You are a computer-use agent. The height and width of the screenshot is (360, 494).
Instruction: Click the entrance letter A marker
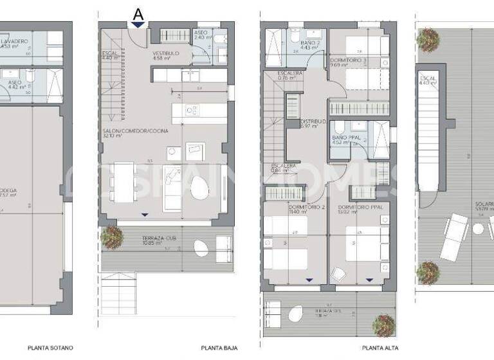(137, 13)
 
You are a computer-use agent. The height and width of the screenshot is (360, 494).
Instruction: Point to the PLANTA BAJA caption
(219, 348)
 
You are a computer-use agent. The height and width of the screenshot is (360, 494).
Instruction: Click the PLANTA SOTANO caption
(50, 348)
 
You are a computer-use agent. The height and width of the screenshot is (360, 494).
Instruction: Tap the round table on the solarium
(479, 229)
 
